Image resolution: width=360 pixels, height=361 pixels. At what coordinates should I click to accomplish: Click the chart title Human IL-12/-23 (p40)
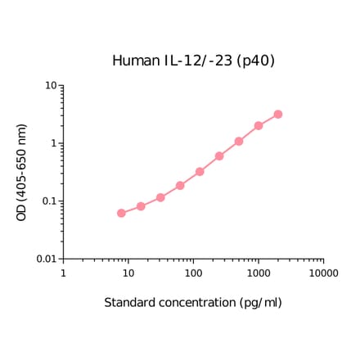(x=193, y=61)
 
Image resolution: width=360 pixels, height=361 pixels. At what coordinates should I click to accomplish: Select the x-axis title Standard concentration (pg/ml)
(x=193, y=303)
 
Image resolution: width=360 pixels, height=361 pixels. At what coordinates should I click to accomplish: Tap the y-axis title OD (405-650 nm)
(x=22, y=172)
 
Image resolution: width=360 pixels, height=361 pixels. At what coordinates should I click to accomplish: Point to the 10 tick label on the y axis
(x=50, y=86)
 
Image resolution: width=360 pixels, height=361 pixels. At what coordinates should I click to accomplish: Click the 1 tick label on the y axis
(x=53, y=143)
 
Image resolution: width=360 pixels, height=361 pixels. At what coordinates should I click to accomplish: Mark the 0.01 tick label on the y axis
(x=46, y=259)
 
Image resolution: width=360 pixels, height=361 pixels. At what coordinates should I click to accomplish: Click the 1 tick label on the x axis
(x=64, y=272)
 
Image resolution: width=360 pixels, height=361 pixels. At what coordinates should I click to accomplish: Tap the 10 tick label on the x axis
(x=128, y=272)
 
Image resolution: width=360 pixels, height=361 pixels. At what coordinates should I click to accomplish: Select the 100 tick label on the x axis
(x=193, y=272)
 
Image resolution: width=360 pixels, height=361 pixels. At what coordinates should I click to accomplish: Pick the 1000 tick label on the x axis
(x=259, y=272)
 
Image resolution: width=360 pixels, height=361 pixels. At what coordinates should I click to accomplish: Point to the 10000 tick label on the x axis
(x=323, y=272)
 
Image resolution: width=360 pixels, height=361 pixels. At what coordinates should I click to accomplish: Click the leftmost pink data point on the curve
(x=121, y=213)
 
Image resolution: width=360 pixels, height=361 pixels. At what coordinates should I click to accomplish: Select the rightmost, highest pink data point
(x=278, y=115)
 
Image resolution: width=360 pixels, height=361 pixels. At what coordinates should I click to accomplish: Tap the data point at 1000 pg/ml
(x=259, y=126)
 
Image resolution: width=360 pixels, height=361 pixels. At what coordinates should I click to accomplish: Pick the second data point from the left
(x=141, y=206)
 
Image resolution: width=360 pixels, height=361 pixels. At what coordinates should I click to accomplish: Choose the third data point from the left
(x=160, y=197)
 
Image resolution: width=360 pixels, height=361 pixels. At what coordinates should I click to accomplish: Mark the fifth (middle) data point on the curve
(x=200, y=172)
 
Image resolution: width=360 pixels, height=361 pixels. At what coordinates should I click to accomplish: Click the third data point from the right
(x=239, y=142)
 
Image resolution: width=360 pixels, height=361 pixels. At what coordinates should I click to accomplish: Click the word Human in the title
(x=132, y=61)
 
